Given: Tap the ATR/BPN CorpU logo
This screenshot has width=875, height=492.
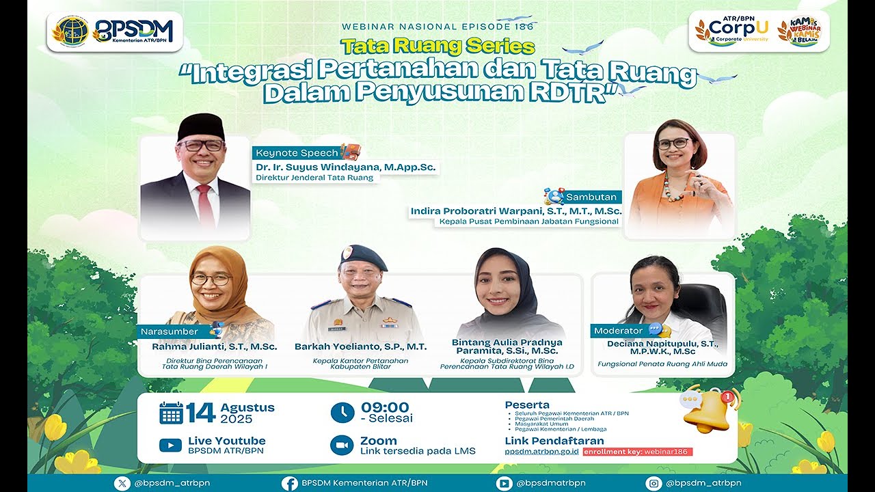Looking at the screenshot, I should pos(731,31).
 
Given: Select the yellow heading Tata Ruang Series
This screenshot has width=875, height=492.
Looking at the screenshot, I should pos(437,46).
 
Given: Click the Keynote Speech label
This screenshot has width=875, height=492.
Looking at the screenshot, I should pos(297,153).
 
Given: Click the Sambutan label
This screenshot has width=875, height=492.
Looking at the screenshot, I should pos(591,197).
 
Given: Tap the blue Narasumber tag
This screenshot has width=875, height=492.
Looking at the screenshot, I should pos(170,331).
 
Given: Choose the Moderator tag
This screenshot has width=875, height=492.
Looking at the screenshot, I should pos(619,331).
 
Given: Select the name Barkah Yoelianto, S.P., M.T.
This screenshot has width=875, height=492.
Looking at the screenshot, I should pos(360,346).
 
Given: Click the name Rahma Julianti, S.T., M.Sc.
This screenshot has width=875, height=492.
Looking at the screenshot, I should pos(214,346).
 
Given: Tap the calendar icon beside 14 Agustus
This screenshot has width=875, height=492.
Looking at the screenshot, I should pos(171,413).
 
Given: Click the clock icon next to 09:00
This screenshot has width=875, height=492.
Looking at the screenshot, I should pos(342,413).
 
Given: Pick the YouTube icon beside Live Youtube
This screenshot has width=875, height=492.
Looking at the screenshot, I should pos(170,446).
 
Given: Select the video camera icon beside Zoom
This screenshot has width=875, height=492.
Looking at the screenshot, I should pos(342,446).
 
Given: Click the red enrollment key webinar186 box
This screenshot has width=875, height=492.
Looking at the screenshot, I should pos(638,452).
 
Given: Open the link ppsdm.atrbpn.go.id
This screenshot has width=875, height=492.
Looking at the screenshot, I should pos(541,452).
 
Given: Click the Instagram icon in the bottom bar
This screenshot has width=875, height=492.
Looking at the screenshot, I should pos(654,483).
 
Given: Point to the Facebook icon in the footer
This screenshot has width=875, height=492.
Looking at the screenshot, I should pos(290,483).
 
